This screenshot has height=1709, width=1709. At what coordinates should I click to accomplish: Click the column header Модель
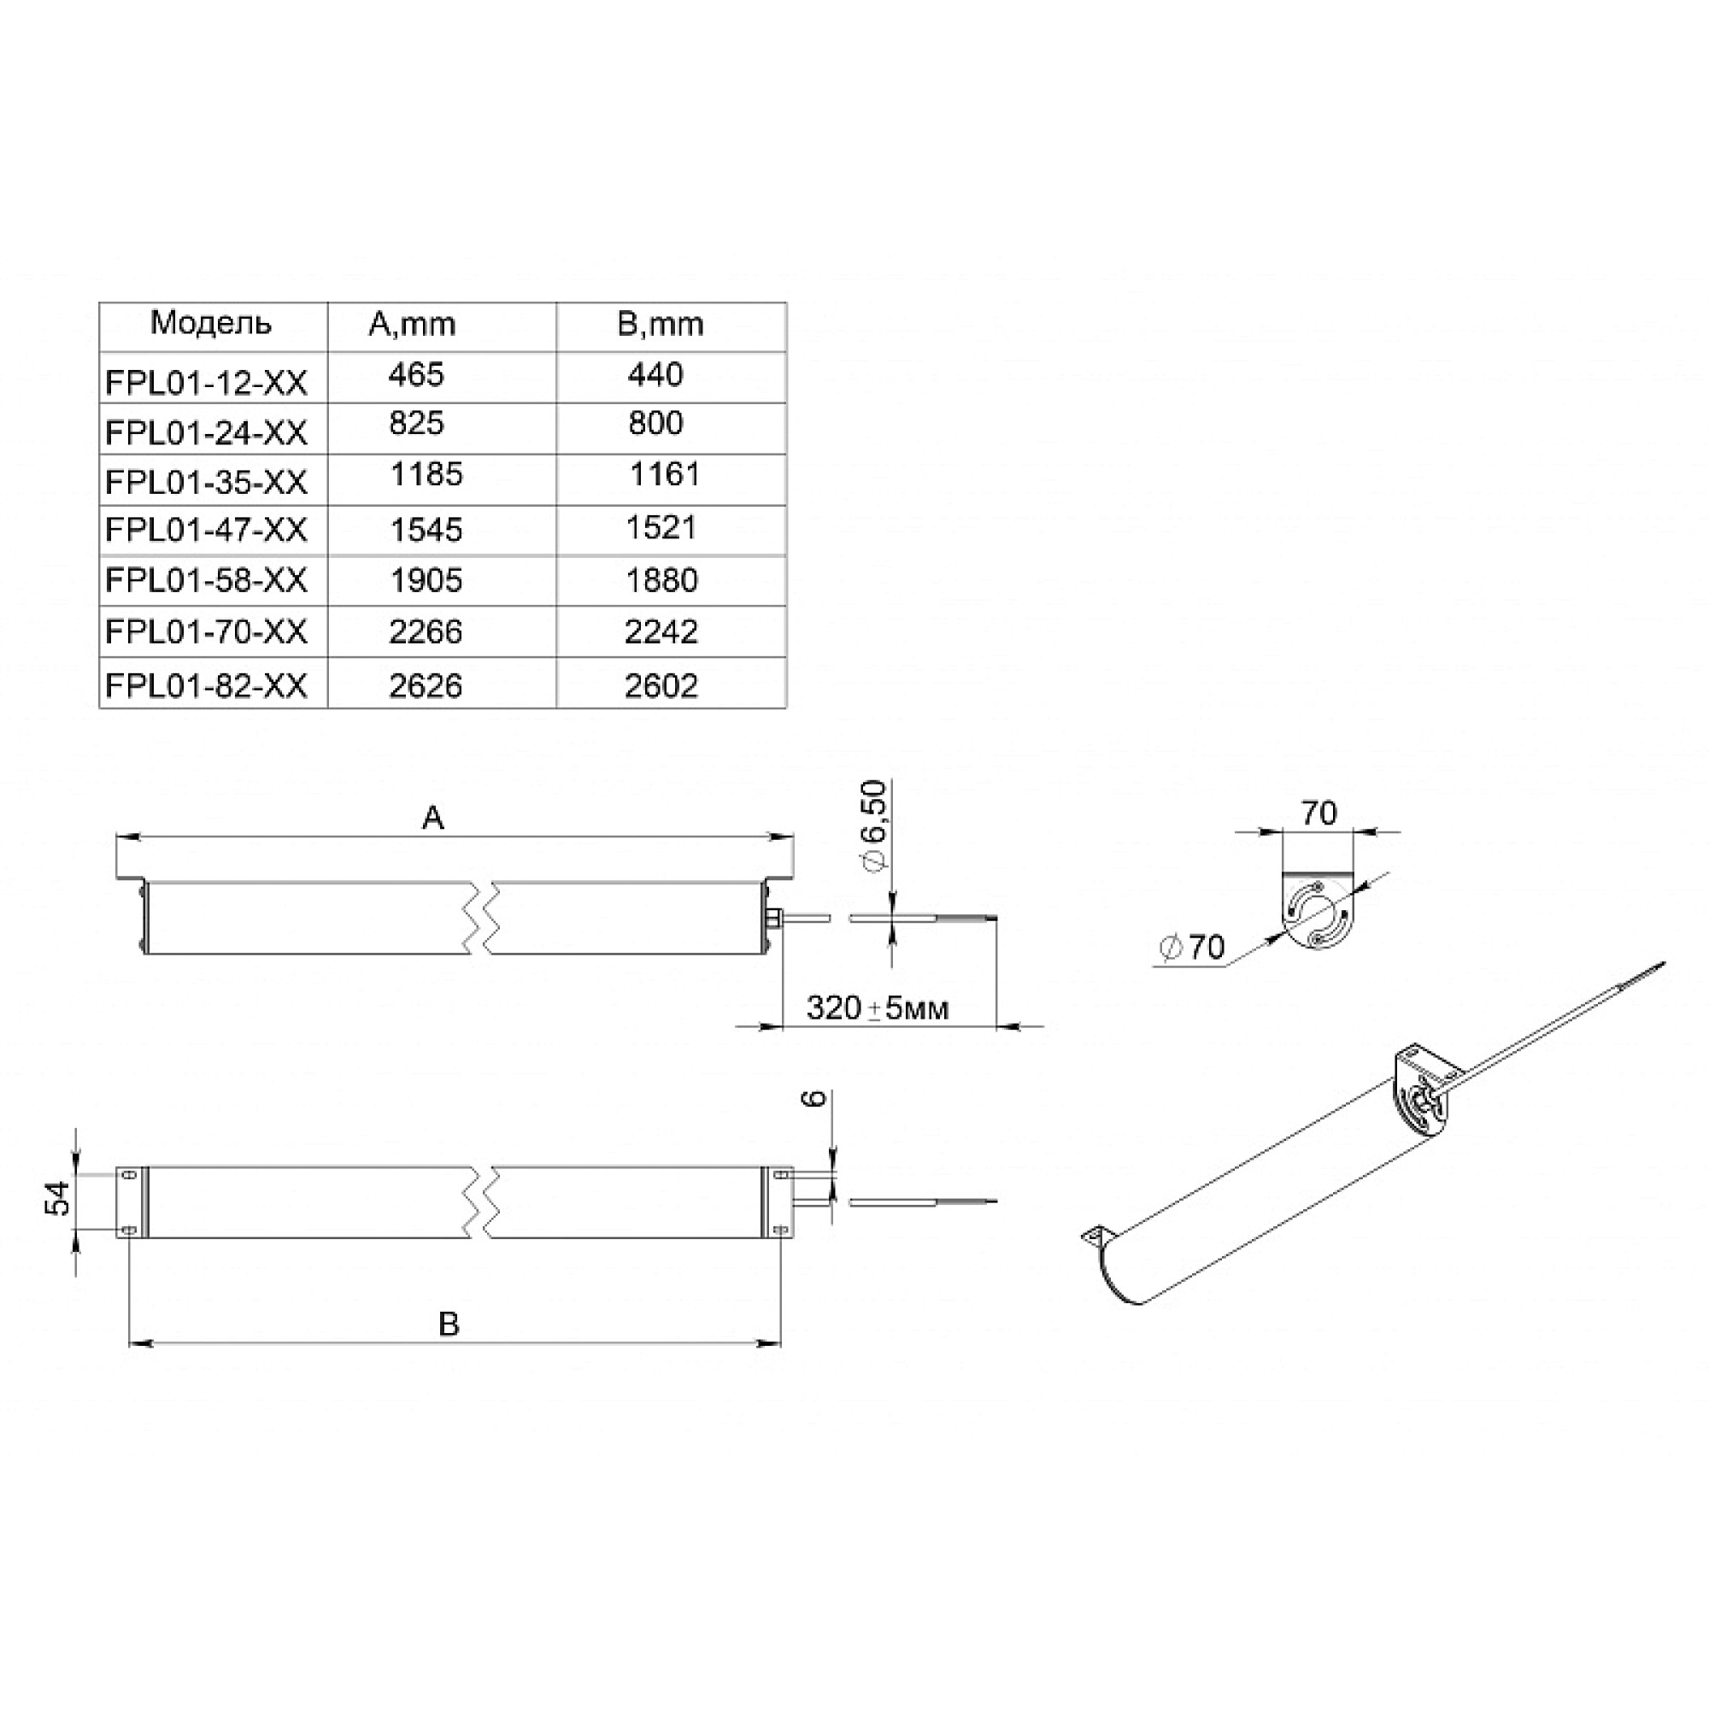pyautogui.click(x=210, y=323)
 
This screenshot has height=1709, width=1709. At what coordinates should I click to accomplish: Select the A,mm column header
pyautogui.click(x=411, y=325)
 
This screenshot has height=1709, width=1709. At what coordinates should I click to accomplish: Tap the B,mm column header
pyautogui.click(x=660, y=325)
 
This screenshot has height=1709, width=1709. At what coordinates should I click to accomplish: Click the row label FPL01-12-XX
pyautogui.click(x=206, y=382)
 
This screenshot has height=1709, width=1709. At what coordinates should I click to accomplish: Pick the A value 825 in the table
pyautogui.click(x=416, y=423)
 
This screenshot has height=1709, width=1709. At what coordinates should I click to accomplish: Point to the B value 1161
pyautogui.click(x=664, y=474)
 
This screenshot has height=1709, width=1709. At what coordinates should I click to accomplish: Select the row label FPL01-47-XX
pyautogui.click(x=206, y=530)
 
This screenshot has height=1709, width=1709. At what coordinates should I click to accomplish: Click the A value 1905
pyautogui.click(x=426, y=580)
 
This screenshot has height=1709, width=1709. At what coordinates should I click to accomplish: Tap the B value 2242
pyautogui.click(x=661, y=631)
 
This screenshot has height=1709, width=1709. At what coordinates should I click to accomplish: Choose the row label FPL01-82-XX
pyautogui.click(x=206, y=685)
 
